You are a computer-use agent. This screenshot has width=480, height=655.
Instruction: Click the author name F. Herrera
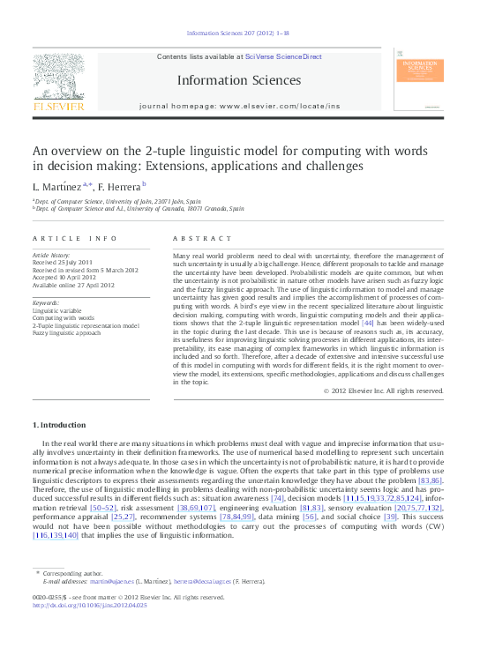coord(123,186)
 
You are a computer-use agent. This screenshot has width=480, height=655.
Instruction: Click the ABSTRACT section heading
coord(191,239)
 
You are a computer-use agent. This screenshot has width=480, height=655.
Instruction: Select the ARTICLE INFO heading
coord(74,239)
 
